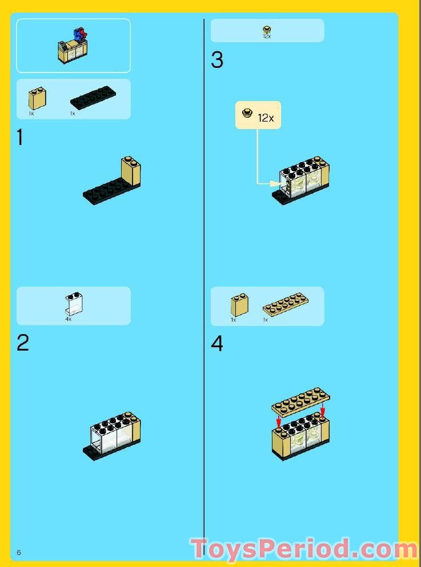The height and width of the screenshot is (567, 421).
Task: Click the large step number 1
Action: click(x=20, y=138)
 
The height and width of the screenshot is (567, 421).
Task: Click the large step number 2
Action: click(x=22, y=343)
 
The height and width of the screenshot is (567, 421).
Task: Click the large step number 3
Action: click(x=217, y=61)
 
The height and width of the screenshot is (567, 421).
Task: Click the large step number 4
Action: click(x=217, y=344)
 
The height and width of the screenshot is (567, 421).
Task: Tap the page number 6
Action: click(x=19, y=552)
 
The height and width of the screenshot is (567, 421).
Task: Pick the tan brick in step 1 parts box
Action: click(x=37, y=98)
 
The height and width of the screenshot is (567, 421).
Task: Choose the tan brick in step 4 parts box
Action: click(x=239, y=305)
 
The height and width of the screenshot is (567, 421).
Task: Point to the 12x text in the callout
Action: click(x=266, y=118)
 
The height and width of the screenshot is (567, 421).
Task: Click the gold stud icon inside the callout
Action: click(x=247, y=113)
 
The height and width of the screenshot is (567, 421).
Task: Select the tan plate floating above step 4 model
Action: click(x=301, y=401)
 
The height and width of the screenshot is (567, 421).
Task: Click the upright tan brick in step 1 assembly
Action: click(x=131, y=171)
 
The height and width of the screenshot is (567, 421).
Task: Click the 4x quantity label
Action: click(x=68, y=320)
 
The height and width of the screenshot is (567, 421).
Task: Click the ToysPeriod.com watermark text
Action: click(x=304, y=549)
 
